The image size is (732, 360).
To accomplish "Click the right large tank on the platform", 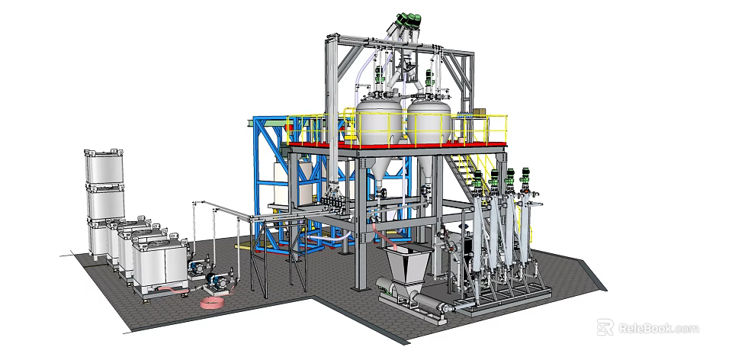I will coord(429,121).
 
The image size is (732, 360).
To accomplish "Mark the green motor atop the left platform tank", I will coord(377,76).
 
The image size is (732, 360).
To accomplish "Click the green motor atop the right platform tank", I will coord(430,76).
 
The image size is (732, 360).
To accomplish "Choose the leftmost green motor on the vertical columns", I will coord(478,182).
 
